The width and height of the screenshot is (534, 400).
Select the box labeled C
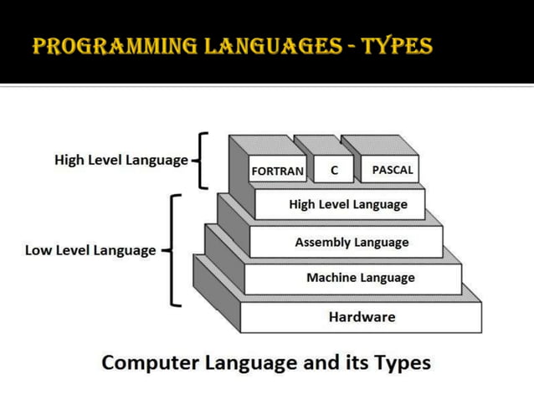click(x=334, y=170)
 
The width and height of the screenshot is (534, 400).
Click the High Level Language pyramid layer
click(x=347, y=204)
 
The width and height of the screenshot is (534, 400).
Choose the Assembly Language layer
click(x=352, y=243)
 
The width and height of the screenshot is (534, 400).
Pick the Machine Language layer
click(x=360, y=278)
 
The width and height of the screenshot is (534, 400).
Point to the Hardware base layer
click(x=362, y=317)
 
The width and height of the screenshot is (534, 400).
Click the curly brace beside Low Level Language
click(x=172, y=250)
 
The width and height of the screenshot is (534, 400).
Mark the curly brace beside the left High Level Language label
click(x=200, y=159)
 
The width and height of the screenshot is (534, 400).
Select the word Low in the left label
click(x=39, y=250)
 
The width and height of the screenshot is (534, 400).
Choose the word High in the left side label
click(x=69, y=159)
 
